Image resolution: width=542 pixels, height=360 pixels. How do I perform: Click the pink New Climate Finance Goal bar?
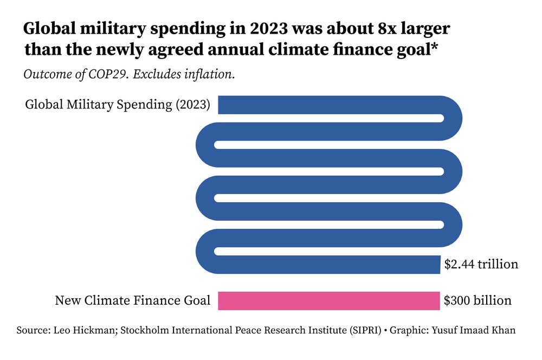point(328,301)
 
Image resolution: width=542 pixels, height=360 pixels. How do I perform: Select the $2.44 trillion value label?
point(481,265)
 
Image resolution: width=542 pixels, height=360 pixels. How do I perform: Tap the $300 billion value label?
point(478,300)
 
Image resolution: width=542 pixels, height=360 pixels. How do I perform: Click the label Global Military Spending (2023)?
point(118,105)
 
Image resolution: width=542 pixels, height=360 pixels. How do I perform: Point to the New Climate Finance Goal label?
point(132,300)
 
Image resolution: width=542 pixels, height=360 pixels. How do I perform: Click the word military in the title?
point(120,28)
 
